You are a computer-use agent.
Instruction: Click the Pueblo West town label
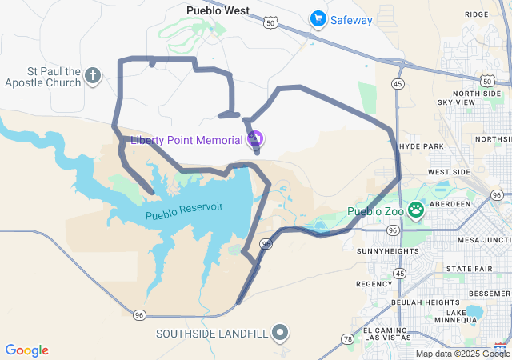(218, 11)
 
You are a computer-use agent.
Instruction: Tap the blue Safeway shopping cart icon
(318, 18)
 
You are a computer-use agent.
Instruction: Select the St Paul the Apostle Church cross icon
(93, 77)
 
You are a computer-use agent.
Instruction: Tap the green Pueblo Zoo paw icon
(416, 210)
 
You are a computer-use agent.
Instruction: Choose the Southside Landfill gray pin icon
(280, 332)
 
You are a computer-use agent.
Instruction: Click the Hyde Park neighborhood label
(420, 147)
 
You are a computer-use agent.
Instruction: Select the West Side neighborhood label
(450, 172)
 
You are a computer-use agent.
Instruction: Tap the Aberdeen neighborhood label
(452, 204)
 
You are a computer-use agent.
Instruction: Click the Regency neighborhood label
(374, 284)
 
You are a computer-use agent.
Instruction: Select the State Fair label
(469, 268)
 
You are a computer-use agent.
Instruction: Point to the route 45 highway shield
(398, 82)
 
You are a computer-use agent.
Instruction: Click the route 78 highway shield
(347, 339)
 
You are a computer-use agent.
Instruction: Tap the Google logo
(27, 350)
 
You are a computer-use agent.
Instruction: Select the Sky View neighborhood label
(456, 102)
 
